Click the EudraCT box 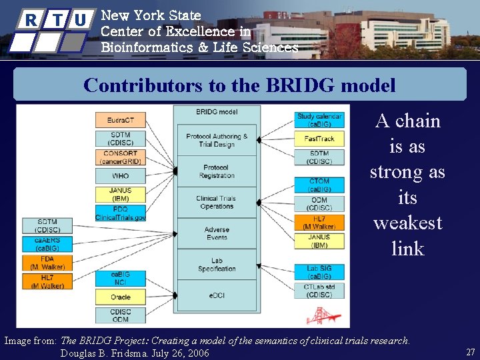tap(120, 121)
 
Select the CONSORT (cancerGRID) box tap(120, 157)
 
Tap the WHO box tap(120, 176)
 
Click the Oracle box tap(120, 297)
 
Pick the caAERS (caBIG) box tap(47, 244)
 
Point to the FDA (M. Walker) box tap(47, 263)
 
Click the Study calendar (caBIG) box tap(319, 120)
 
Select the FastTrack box tap(319, 139)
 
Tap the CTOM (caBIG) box tap(319, 185)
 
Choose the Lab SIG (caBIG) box tap(319, 272)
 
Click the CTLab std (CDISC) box tap(319, 291)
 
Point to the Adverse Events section tap(216, 233)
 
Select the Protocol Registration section tap(216, 171)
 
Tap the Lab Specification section tap(216, 265)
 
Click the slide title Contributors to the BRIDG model tap(239, 85)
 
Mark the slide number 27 tap(470, 352)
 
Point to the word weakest tap(407, 223)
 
